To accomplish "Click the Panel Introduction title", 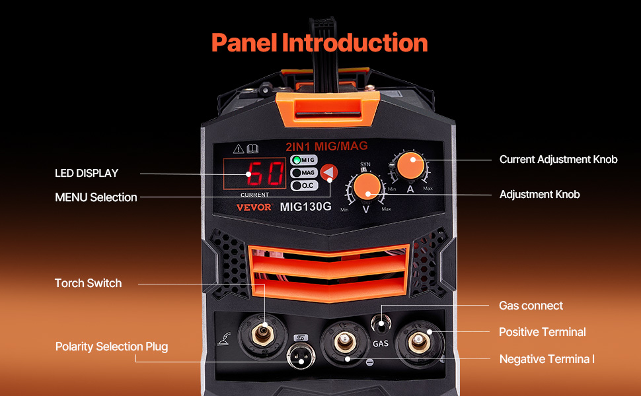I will click(x=319, y=43).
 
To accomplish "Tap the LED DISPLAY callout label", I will click(x=87, y=174).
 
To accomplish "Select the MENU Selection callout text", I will click(x=96, y=197).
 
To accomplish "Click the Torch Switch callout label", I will click(x=88, y=283).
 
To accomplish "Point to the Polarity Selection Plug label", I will click(x=111, y=346).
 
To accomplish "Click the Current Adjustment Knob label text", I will click(x=558, y=160).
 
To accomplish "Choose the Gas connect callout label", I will click(x=531, y=306).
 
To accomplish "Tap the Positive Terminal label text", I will click(x=542, y=332).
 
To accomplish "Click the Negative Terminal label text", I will click(x=547, y=359).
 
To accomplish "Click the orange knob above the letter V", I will click(x=365, y=187).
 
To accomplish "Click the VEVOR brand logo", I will click(x=254, y=207).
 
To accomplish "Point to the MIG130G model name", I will click(x=305, y=207).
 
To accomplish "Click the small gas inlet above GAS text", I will click(x=380, y=323).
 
